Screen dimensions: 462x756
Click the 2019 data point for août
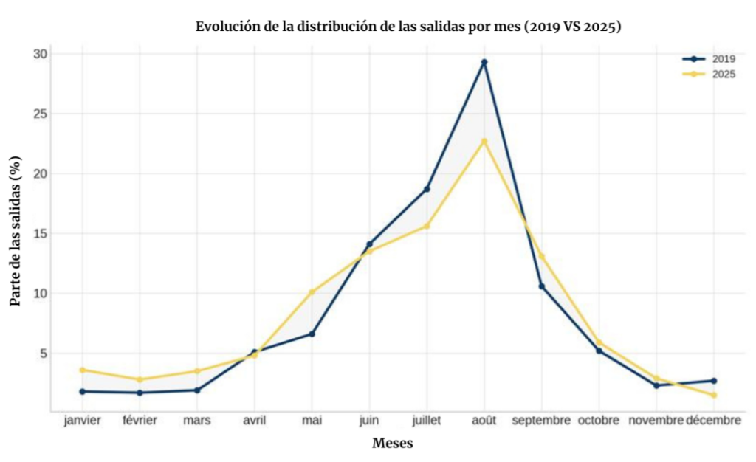(x=484, y=62)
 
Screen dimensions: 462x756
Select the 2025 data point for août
(x=484, y=141)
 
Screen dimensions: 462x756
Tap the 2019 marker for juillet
(x=427, y=189)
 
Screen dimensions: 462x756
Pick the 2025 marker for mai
(x=312, y=292)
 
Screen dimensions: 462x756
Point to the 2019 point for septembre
(x=542, y=286)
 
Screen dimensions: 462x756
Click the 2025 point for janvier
(x=82, y=370)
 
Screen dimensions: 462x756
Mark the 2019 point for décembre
(x=714, y=381)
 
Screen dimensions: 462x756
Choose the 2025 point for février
(x=140, y=379)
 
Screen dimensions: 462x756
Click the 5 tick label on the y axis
(x=42, y=354)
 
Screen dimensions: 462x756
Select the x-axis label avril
(x=255, y=421)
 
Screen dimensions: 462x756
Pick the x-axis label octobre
(x=599, y=421)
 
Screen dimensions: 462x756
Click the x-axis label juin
(x=369, y=421)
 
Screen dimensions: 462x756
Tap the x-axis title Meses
(x=392, y=444)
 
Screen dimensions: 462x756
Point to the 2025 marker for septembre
(x=542, y=256)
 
